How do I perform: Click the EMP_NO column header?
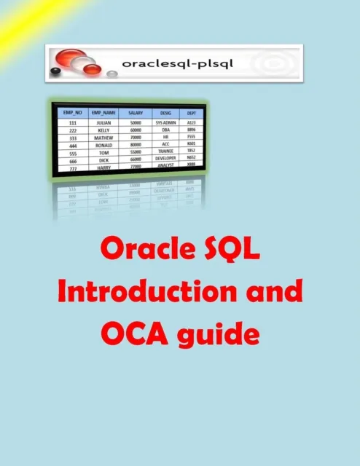pyautogui.click(x=71, y=114)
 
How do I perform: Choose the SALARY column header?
pyautogui.click(x=134, y=114)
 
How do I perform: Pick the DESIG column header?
pyautogui.click(x=165, y=113)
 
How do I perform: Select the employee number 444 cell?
pyautogui.click(x=72, y=145)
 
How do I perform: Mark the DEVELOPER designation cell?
pyautogui.click(x=166, y=157)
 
